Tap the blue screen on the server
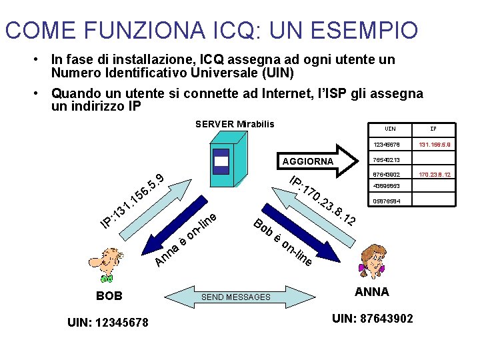pyautogui.click(x=221, y=160)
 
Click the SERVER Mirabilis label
pyautogui.click(x=235, y=124)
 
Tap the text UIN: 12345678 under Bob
pyautogui.click(x=108, y=323)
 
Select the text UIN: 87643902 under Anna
pyautogui.click(x=373, y=319)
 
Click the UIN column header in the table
pyautogui.click(x=391, y=129)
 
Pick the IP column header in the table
pyautogui.click(x=433, y=129)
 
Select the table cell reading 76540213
pyautogui.click(x=387, y=160)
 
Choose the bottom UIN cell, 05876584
pyautogui.click(x=387, y=201)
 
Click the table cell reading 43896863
pyautogui.click(x=387, y=187)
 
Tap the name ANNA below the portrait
pyautogui.click(x=372, y=292)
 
